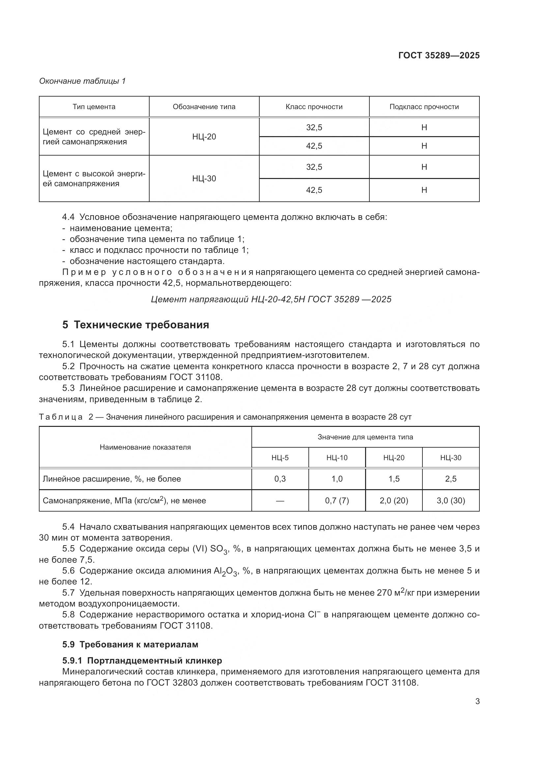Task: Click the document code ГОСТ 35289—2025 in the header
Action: (x=439, y=56)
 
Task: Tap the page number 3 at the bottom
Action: (x=477, y=701)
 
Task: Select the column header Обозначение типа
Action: (x=204, y=107)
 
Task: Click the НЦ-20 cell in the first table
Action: (x=204, y=137)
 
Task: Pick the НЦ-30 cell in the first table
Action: (x=204, y=178)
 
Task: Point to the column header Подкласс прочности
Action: (x=424, y=107)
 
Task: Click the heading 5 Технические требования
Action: (x=135, y=325)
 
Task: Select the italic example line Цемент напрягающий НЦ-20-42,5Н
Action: (x=271, y=299)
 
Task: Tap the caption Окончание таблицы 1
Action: (x=82, y=81)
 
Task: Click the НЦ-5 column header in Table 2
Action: (x=280, y=458)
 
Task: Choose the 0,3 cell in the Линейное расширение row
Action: (x=280, y=479)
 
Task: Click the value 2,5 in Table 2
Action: (x=451, y=479)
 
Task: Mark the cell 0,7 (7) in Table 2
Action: (x=337, y=501)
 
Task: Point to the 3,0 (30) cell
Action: (x=451, y=501)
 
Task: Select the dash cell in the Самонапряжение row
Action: (x=280, y=501)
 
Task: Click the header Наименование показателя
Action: (x=145, y=447)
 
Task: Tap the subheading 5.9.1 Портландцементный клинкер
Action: (x=142, y=661)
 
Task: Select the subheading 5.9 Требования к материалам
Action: (x=130, y=644)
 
